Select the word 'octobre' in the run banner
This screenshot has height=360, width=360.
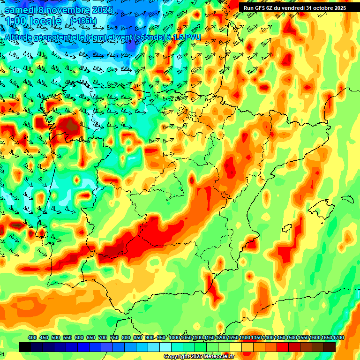pyautogui.click(x=318, y=7)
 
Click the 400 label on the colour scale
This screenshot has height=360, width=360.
pyautogui.click(x=32, y=338)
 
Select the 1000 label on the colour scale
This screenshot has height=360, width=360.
pyautogui.click(x=174, y=338)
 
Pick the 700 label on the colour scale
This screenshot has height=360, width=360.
pyautogui.click(x=103, y=338)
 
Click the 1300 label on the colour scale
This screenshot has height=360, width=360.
pyautogui.click(x=244, y=338)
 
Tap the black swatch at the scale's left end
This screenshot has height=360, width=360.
pyautogui.click(x=25, y=347)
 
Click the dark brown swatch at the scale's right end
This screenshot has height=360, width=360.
pyautogui.click(x=330, y=347)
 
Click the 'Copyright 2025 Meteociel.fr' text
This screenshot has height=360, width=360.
pyautogui.click(x=199, y=356)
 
